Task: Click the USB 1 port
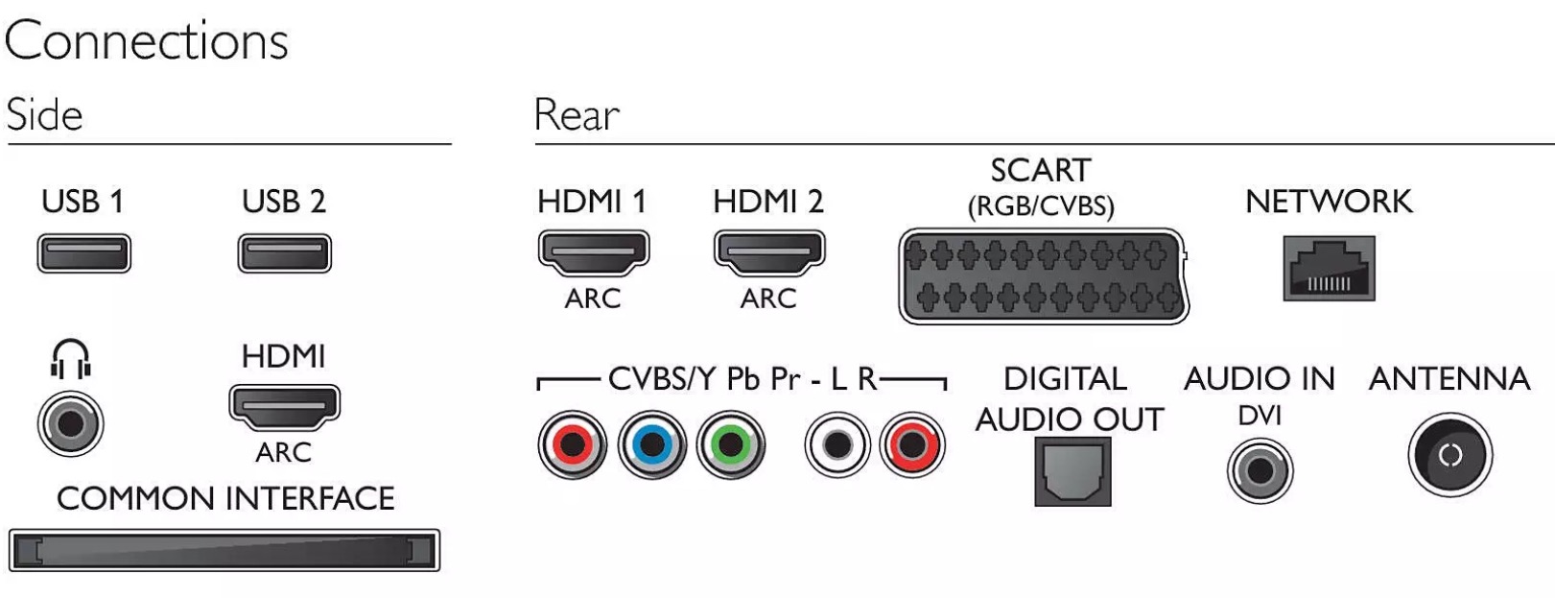pyautogui.click(x=84, y=253)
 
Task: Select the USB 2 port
pyautogui.click(x=285, y=253)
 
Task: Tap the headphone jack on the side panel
pyautogui.click(x=71, y=423)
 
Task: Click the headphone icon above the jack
pyautogui.click(x=71, y=358)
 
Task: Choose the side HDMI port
pyautogui.click(x=285, y=405)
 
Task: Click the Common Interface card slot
pyautogui.click(x=224, y=551)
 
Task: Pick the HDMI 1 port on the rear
pyautogui.click(x=594, y=251)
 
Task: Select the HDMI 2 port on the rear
pyautogui.click(x=769, y=251)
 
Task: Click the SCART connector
pyautogui.click(x=1044, y=276)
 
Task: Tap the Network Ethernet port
pyautogui.click(x=1329, y=268)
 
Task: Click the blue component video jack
pyautogui.click(x=652, y=444)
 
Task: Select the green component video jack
pyautogui.click(x=730, y=444)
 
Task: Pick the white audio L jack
pyautogui.click(x=837, y=444)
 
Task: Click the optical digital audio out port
pyautogui.click(x=1072, y=471)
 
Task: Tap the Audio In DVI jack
pyautogui.click(x=1260, y=471)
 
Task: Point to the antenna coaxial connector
pyautogui.click(x=1450, y=456)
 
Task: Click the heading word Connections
pyautogui.click(x=146, y=40)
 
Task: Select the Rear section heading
pyautogui.click(x=577, y=114)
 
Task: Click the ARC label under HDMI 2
pyautogui.click(x=768, y=299)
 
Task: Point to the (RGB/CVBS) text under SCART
pyautogui.click(x=1041, y=206)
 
